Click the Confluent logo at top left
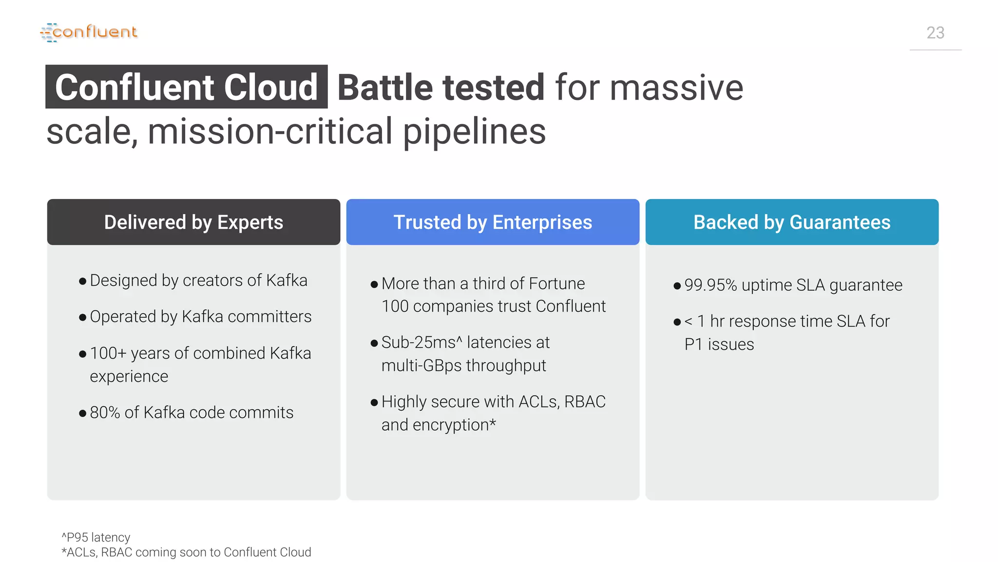click(x=89, y=32)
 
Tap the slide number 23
click(x=935, y=33)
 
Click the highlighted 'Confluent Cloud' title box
click(x=186, y=87)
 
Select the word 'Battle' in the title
click(x=385, y=87)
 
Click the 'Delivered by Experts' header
click(x=193, y=222)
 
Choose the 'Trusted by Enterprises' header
click(x=493, y=222)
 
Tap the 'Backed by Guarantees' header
click(x=792, y=222)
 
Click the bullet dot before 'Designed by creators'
click(x=82, y=281)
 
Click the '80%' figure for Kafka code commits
click(x=105, y=413)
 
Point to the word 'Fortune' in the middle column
click(x=557, y=283)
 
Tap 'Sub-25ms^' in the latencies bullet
click(x=422, y=342)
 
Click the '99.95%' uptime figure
click(x=710, y=285)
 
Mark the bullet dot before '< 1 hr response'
click(x=677, y=322)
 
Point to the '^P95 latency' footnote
click(x=96, y=537)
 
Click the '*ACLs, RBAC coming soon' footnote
click(x=186, y=552)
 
